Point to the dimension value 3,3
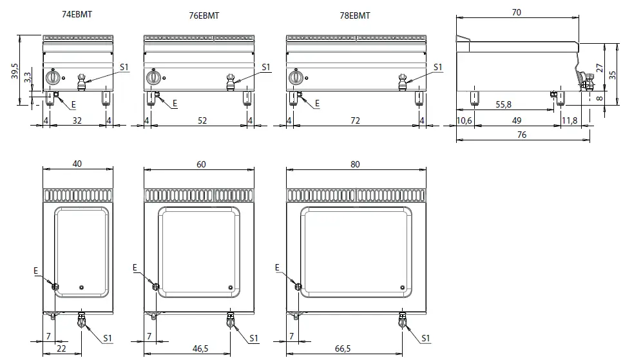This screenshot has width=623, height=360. point(27,78)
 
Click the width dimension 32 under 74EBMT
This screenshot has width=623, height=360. point(77,120)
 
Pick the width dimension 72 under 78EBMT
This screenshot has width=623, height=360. point(354,120)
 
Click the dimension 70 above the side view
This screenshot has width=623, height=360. point(517,12)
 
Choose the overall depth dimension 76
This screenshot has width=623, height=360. point(522,135)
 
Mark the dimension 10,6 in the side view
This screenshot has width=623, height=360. point(464,120)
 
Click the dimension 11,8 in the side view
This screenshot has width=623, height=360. point(570,120)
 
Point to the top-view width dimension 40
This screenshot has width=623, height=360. point(77,165)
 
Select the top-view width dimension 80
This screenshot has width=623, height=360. point(355,165)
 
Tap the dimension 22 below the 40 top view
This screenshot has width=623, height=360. point(61,348)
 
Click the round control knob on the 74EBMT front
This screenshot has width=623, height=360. point(54,78)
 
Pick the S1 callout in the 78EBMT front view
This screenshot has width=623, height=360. point(438,67)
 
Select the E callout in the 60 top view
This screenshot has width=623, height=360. point(135,267)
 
